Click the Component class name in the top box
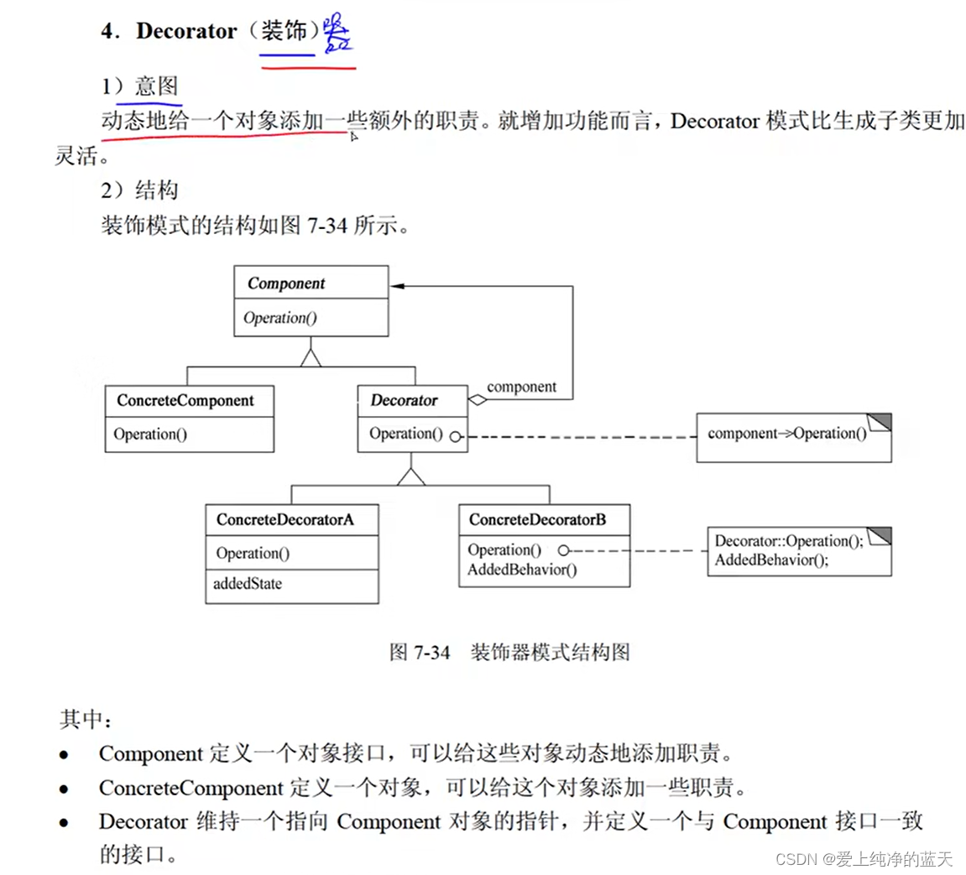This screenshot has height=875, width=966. (x=285, y=284)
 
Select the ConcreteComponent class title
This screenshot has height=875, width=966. (x=185, y=400)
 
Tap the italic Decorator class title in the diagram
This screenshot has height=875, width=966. (x=404, y=400)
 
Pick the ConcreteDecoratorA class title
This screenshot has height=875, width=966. (x=285, y=519)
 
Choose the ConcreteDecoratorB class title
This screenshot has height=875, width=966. (x=537, y=519)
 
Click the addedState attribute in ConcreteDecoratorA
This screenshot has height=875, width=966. (x=248, y=584)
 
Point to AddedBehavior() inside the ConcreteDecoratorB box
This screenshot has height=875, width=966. (x=522, y=570)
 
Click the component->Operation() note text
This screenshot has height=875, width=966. (x=786, y=434)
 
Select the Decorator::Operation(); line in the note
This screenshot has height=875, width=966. (x=788, y=541)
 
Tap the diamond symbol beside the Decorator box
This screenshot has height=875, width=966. (x=478, y=400)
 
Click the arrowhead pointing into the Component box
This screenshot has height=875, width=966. (x=397, y=286)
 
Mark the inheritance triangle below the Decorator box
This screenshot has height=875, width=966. (x=411, y=476)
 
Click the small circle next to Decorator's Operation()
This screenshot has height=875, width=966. (x=455, y=436)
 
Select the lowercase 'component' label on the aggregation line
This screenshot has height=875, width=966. (x=521, y=387)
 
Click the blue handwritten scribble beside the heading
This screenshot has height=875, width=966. (x=337, y=34)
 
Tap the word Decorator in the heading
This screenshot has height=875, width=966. (x=186, y=31)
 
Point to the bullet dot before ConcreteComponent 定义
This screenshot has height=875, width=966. (x=65, y=789)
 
